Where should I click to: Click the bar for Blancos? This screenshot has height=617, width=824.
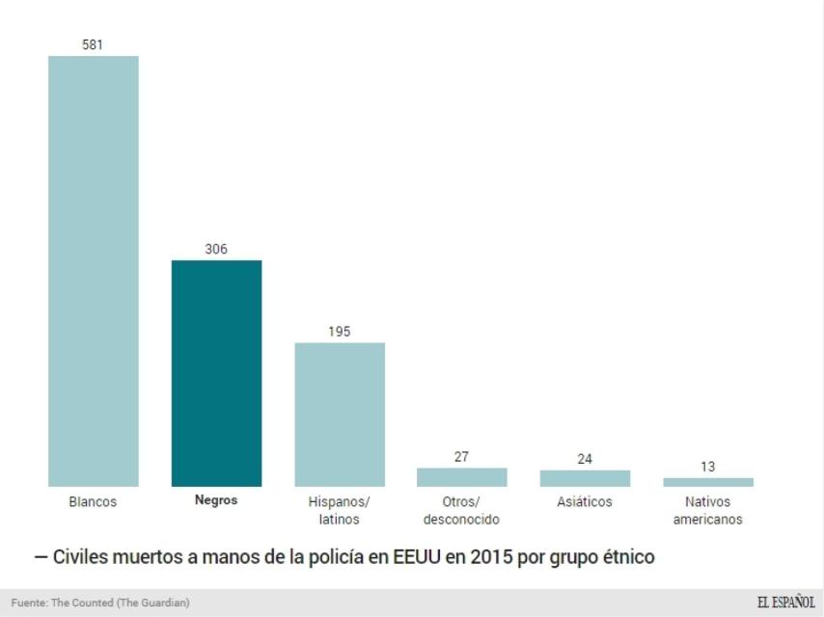point(94,271)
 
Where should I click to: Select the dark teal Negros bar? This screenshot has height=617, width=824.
point(216,373)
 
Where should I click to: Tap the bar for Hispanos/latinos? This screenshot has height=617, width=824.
point(340,415)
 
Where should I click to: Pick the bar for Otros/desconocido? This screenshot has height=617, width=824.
point(461,477)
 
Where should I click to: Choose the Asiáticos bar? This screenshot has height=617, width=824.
point(585,478)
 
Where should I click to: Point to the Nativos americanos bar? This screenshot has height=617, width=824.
point(707,482)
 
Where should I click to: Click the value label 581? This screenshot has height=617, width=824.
point(94,44)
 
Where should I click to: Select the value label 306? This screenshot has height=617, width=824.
point(216,249)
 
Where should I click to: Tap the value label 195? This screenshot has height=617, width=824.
point(340,332)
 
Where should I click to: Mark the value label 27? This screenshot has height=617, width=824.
point(461,457)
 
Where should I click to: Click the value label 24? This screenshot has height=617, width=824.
point(585,459)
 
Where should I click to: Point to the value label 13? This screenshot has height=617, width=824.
point(707,467)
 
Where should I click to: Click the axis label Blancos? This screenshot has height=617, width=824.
point(94,502)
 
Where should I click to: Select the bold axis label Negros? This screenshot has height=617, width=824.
point(216,501)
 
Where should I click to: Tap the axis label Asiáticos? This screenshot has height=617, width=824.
point(585,502)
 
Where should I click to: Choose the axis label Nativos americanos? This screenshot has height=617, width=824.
point(707,511)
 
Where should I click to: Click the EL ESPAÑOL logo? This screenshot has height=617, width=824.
point(785,602)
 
